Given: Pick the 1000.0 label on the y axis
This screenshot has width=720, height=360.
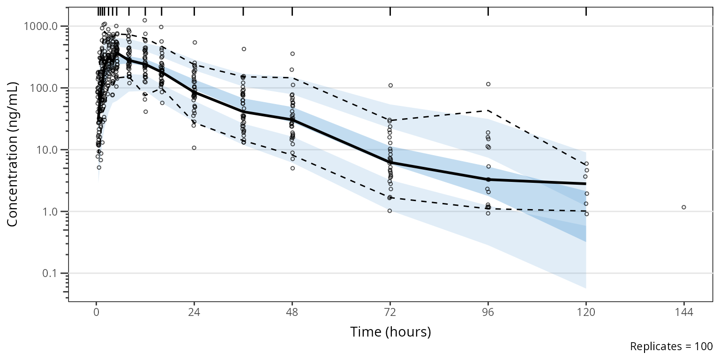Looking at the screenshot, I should point(43,26).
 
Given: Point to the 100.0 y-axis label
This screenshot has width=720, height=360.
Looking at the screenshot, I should point(46,88).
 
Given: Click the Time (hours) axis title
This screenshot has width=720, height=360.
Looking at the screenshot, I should point(390,332).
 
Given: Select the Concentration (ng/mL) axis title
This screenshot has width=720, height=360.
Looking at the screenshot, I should point(13,154).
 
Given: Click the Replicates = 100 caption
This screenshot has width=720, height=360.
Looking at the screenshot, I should point(671,347).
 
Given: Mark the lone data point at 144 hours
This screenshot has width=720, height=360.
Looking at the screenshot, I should point(684,207).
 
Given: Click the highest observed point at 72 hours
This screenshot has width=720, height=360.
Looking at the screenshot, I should point(390,85).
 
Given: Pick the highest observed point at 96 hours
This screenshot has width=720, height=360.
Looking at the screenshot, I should point(488,84).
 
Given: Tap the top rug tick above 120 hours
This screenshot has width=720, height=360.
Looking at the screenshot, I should point(586,12).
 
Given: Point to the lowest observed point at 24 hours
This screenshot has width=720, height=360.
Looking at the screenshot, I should point(194,148).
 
